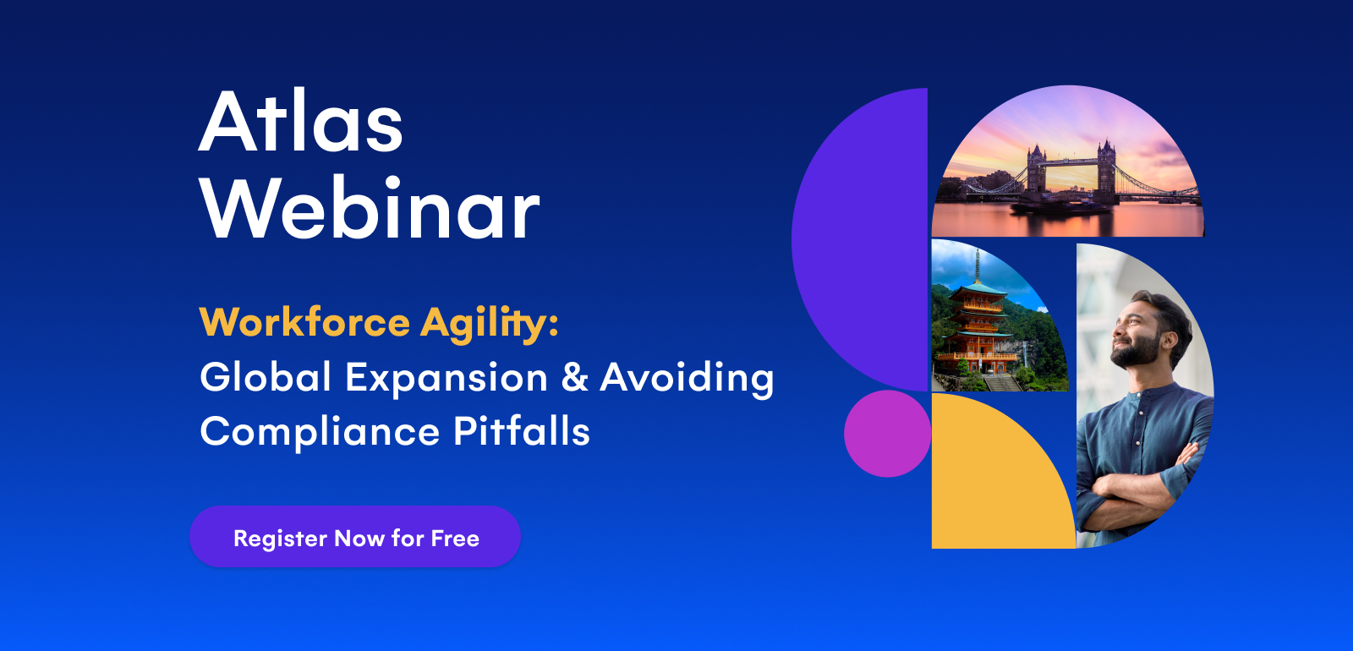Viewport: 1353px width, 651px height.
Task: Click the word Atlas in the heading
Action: pos(300,122)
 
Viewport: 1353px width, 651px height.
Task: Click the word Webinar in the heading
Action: pos(369,208)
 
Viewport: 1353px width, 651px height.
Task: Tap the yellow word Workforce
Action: pos(305,322)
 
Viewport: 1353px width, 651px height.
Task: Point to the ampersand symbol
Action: pos(574,377)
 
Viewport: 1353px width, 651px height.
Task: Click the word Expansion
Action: pos(446,380)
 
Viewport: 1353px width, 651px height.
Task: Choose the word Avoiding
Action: pos(687,380)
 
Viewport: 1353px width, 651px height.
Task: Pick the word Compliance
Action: pos(320,432)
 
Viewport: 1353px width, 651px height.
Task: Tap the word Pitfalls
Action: pos(521,431)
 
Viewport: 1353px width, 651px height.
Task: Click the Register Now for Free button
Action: pos(355,537)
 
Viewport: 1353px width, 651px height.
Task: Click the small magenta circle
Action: pos(887,434)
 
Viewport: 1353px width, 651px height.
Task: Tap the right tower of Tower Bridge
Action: pos(1107,170)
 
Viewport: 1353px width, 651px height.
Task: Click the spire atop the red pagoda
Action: pos(978,266)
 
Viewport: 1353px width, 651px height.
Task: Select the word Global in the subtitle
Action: pos(266,377)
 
